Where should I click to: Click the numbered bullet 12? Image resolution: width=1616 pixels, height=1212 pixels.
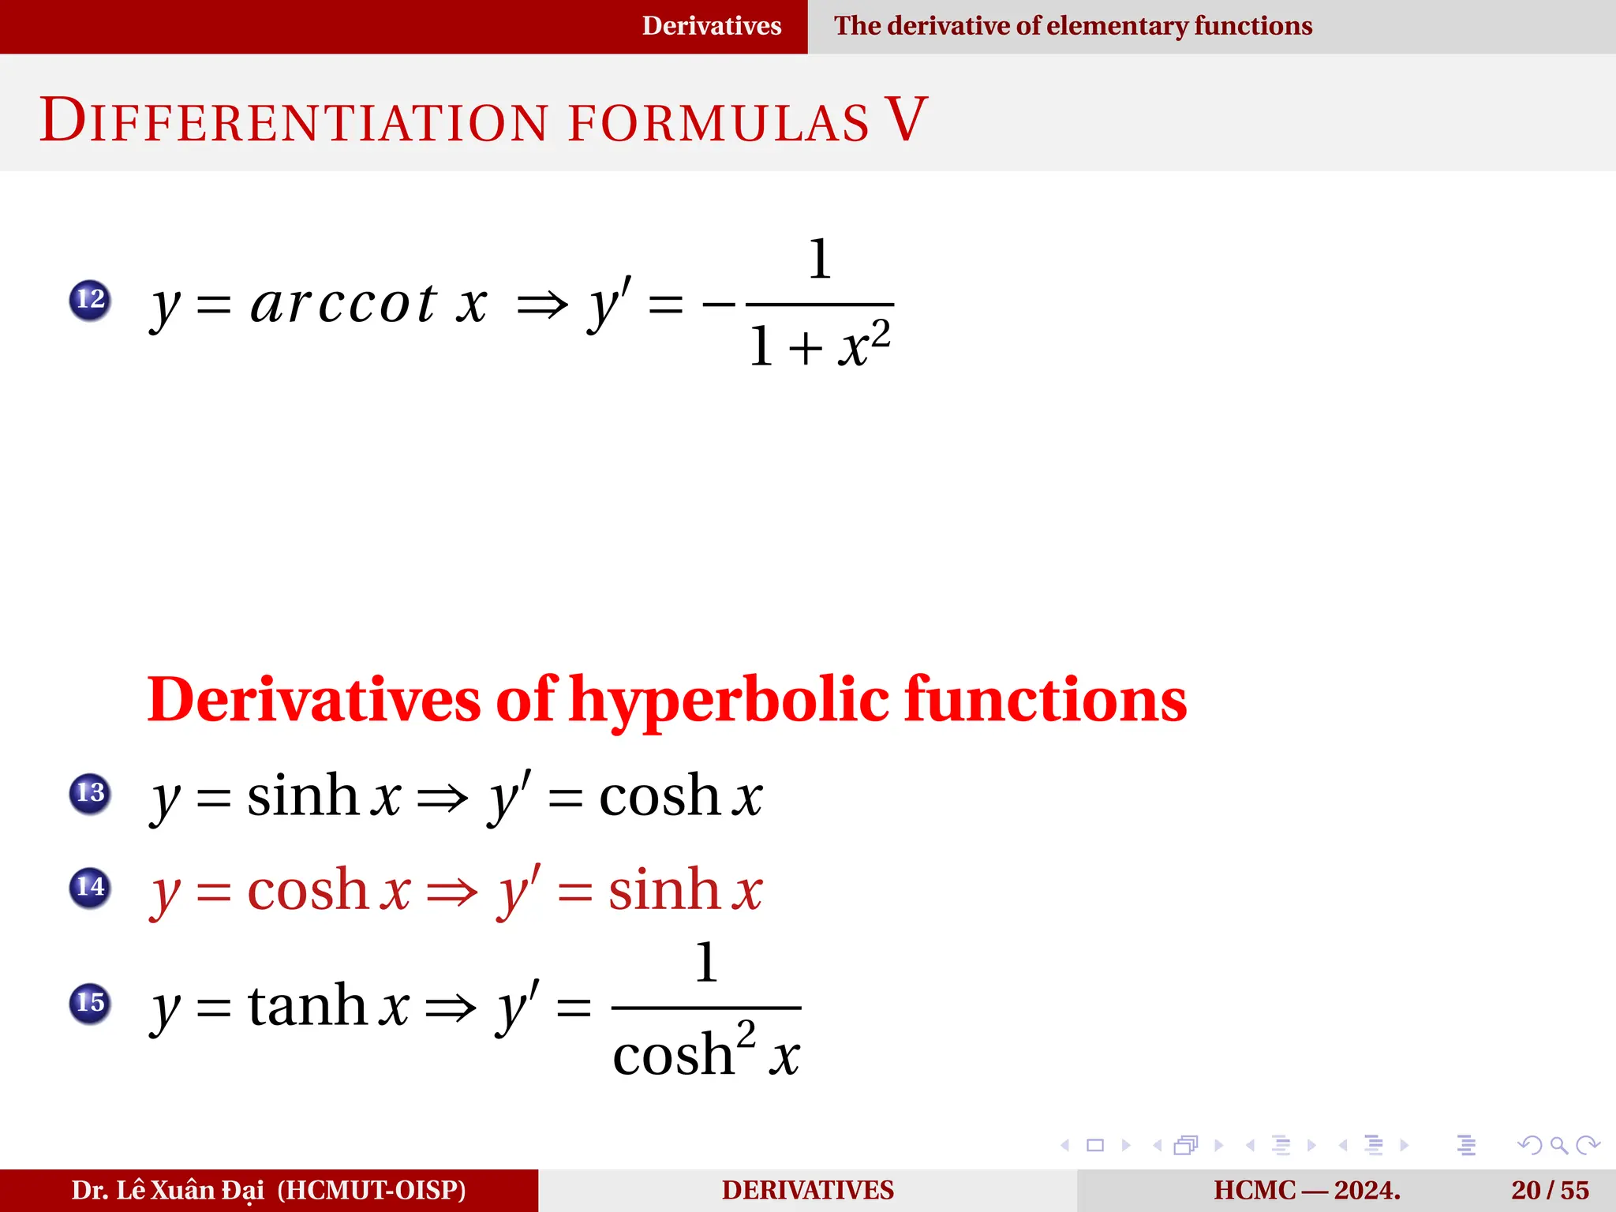pos(90,300)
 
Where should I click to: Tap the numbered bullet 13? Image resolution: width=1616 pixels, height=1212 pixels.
pos(90,793)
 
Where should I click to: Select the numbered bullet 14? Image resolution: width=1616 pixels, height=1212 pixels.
pos(90,888)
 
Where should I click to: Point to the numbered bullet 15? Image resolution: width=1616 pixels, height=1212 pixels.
pos(90,1004)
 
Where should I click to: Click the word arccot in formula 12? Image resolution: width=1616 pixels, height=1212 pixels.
pos(343,304)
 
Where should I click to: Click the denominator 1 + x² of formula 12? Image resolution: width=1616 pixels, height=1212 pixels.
pos(821,346)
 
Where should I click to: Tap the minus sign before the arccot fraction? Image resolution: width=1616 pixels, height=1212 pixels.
pos(718,304)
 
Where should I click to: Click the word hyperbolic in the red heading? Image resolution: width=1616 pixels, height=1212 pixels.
pos(730,701)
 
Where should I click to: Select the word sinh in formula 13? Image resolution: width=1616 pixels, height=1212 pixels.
pos(303,795)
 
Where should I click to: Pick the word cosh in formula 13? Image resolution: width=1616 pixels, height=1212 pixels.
pos(659,795)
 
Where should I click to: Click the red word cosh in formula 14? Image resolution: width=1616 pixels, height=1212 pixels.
pos(308,890)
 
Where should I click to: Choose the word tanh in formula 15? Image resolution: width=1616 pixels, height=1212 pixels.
pos(307,1006)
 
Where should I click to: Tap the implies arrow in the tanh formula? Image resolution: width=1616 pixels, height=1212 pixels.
pos(451,1008)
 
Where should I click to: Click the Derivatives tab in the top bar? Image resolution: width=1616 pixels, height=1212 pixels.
pos(712,26)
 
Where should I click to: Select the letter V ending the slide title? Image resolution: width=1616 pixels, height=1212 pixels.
pos(905,120)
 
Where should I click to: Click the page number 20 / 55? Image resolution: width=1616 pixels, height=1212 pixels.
pos(1550,1190)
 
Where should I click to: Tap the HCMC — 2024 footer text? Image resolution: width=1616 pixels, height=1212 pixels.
pos(1307,1190)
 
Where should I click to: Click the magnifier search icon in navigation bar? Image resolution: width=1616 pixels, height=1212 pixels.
pos(1558,1145)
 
